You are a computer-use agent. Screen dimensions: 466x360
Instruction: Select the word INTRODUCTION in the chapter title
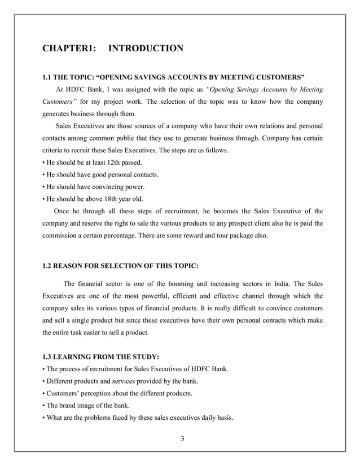tap(146, 49)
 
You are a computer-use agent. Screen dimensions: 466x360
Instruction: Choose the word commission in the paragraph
tap(60, 236)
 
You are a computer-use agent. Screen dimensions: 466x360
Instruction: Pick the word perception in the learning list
tap(100, 393)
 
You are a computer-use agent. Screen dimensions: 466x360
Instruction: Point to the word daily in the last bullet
tap(203, 417)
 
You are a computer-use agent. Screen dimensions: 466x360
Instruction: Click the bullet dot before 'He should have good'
tap(44, 175)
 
